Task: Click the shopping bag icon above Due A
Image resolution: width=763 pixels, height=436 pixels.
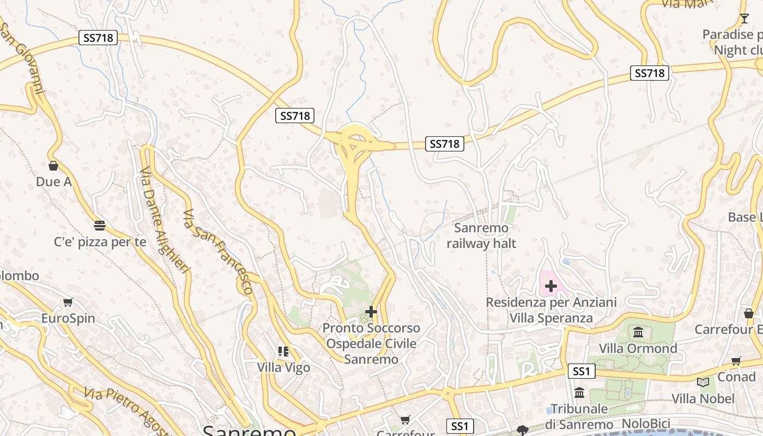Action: click(53, 166)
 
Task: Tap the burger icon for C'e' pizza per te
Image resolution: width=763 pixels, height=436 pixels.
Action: click(99, 225)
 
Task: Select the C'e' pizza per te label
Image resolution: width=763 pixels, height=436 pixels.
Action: click(100, 242)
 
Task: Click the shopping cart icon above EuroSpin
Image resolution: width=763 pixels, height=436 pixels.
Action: click(68, 302)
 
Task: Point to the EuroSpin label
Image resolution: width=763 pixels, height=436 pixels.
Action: click(68, 318)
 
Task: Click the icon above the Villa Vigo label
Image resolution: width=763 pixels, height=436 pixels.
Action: click(283, 352)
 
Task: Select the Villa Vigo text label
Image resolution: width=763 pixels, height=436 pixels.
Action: click(283, 368)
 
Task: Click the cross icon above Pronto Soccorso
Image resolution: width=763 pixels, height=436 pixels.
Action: click(371, 312)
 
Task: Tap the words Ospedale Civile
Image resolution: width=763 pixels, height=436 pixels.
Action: click(371, 344)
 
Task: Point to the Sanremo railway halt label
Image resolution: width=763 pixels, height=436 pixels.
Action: click(481, 235)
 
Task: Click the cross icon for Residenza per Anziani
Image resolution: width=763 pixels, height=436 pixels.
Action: click(551, 286)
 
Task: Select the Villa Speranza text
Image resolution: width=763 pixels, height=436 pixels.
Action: click(551, 318)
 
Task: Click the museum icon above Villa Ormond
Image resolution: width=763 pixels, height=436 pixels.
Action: click(638, 332)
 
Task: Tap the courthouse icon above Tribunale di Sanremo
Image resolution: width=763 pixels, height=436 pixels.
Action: click(579, 392)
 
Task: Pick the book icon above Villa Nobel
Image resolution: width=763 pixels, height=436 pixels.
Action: click(703, 382)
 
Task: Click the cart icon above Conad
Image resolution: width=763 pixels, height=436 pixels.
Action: click(736, 360)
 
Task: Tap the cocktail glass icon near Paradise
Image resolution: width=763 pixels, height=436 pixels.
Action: click(744, 19)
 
